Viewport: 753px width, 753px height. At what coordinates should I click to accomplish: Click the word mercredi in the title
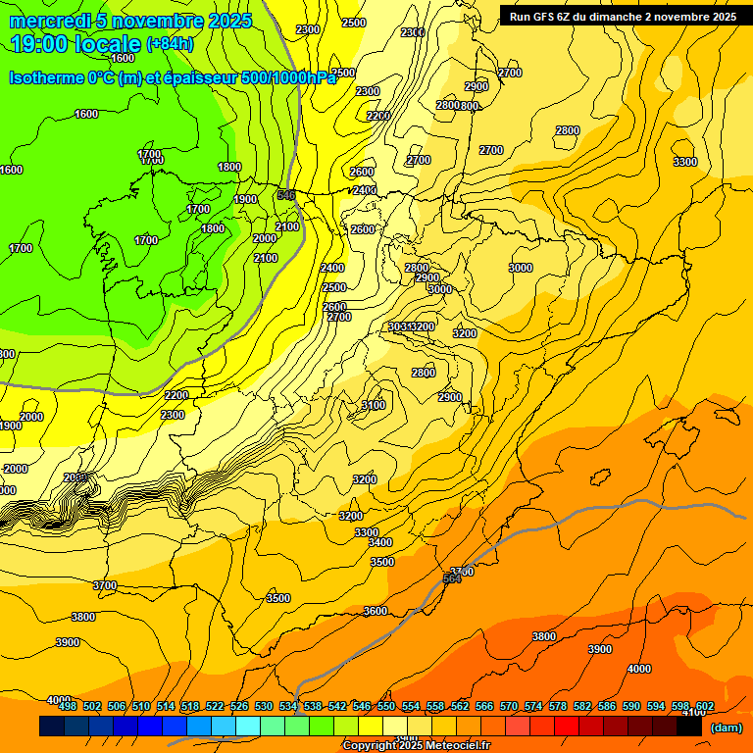point(50,21)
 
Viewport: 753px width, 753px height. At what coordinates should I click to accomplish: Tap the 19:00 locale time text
point(75,44)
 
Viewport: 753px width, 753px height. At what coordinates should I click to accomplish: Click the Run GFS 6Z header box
point(624,16)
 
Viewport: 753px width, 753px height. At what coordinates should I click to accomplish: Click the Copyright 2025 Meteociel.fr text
point(416,745)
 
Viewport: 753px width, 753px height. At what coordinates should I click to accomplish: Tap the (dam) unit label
point(726,727)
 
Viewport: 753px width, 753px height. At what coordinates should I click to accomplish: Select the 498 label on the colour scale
point(68,706)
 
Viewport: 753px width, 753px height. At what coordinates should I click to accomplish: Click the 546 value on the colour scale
point(362,706)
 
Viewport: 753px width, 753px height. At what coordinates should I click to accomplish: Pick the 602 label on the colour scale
point(704,706)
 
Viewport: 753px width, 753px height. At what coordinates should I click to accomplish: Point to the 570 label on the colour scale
point(509,706)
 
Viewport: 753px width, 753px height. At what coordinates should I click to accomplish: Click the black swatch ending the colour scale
point(688,727)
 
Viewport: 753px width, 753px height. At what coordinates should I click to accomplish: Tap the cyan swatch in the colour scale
point(248,727)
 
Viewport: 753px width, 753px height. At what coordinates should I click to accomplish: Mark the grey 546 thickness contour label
point(286,195)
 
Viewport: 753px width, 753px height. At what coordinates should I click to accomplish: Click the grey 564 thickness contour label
point(452,579)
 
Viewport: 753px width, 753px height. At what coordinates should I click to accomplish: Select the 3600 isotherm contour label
point(376,611)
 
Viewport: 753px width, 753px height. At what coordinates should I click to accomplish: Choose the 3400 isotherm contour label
point(380,542)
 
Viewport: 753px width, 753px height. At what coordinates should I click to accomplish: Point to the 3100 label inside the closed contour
point(373,405)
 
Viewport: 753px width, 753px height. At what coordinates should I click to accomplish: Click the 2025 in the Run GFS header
point(724,17)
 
